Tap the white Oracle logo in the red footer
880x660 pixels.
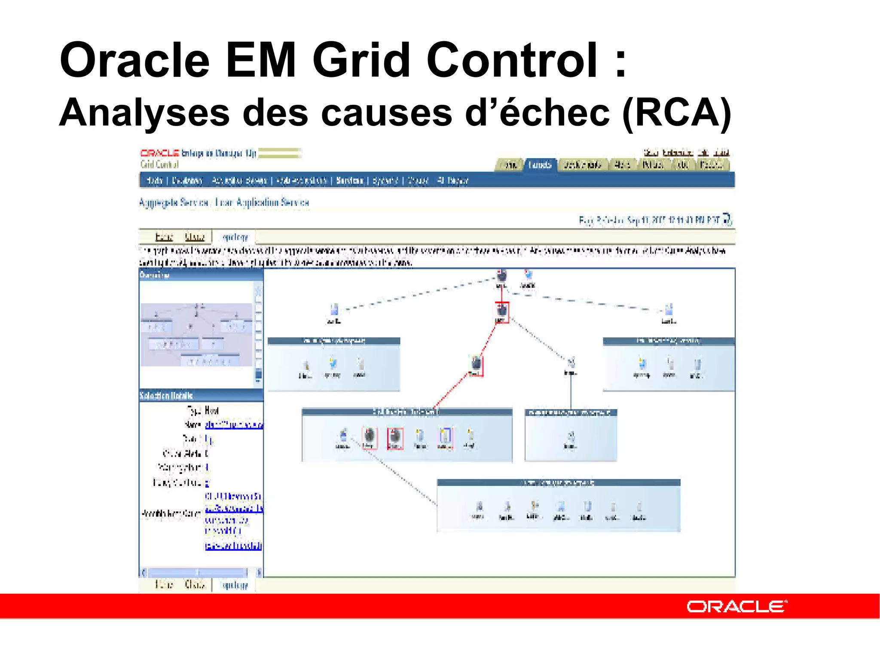coord(736,607)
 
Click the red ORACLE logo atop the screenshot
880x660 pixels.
coord(159,153)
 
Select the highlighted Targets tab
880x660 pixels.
coord(540,165)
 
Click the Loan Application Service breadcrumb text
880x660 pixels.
coord(262,202)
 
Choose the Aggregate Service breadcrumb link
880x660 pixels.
coord(174,202)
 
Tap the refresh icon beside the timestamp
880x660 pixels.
coord(727,219)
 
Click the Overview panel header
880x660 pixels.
coord(200,275)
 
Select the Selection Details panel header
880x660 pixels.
coord(200,395)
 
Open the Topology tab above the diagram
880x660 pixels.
coord(235,237)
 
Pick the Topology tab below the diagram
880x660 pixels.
coord(235,585)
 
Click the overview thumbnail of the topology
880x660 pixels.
coord(196,335)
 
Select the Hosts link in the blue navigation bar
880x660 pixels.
coord(154,180)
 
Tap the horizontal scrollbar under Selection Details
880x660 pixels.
coord(200,572)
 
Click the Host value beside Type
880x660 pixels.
coord(212,410)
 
